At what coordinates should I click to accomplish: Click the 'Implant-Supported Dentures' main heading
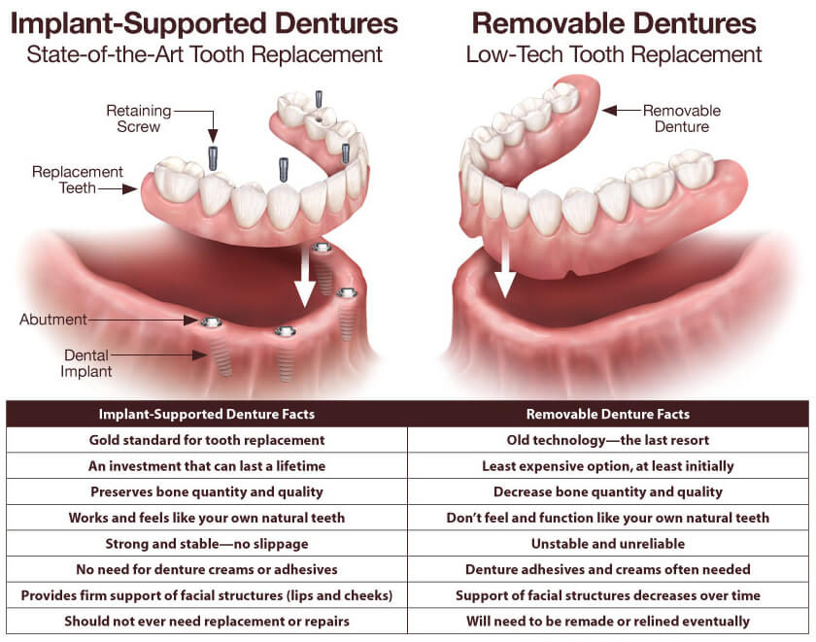(x=204, y=22)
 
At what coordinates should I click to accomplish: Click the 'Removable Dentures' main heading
(x=613, y=22)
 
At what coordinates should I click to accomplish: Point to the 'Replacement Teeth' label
(x=78, y=180)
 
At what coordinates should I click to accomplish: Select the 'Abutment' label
(x=52, y=320)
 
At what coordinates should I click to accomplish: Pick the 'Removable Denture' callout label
(x=681, y=118)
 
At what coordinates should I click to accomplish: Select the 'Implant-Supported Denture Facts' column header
(x=207, y=414)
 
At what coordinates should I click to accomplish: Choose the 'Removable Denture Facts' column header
(x=608, y=414)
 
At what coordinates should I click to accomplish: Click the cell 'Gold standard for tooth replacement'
(x=207, y=440)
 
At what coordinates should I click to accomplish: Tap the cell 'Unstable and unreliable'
(x=608, y=544)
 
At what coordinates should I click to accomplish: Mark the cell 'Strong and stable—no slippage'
(x=207, y=544)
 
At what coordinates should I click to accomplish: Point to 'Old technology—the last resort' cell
(x=608, y=440)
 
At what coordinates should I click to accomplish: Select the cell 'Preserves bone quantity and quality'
(x=207, y=491)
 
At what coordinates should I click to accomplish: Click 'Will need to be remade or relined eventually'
(x=608, y=621)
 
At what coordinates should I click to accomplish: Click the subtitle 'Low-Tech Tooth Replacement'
(x=613, y=53)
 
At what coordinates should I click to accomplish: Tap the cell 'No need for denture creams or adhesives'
(x=207, y=569)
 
